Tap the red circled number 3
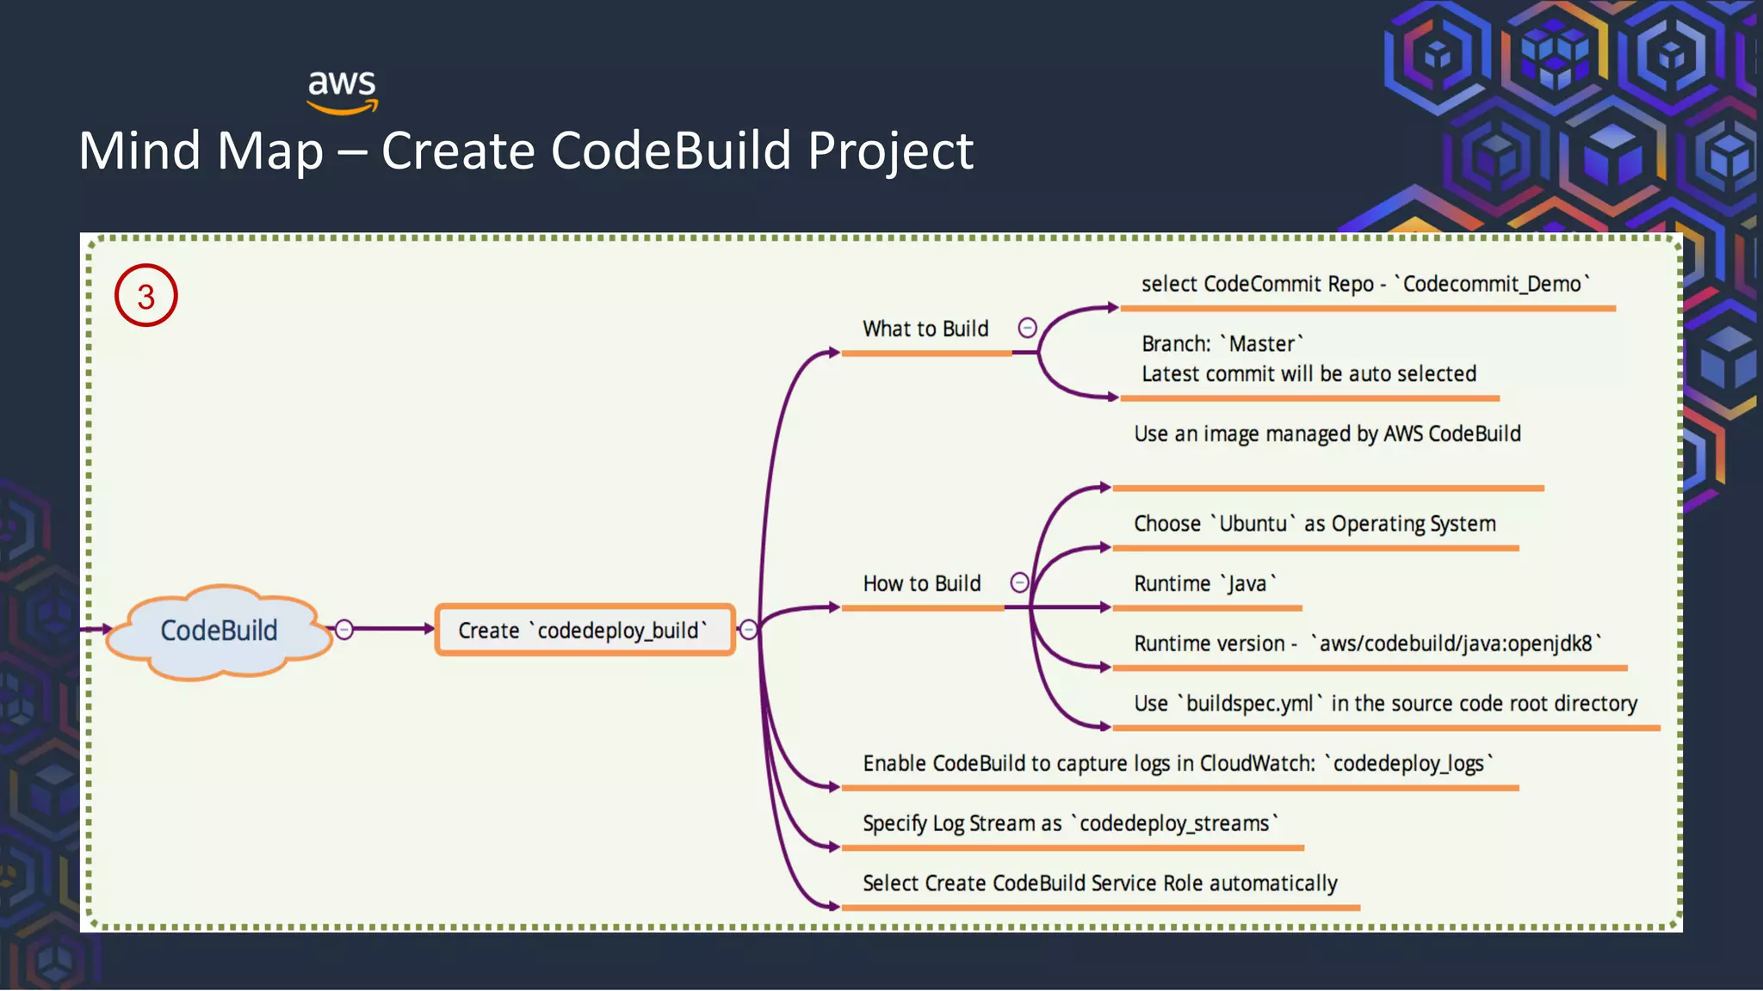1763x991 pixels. [x=146, y=296]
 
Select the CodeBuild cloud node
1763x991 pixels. [x=220, y=631]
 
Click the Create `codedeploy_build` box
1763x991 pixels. [x=585, y=631]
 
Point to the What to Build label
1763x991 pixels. [x=925, y=329]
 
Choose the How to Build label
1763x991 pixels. [x=922, y=583]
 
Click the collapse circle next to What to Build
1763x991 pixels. [x=1027, y=328]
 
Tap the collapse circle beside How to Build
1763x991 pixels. [x=1019, y=582]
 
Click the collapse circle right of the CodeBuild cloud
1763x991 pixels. [x=344, y=630]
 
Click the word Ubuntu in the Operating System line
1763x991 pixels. [x=1253, y=523]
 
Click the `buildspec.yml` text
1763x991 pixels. [x=1249, y=703]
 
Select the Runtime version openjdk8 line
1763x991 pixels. [x=1367, y=643]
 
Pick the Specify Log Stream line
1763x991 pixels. [x=1070, y=823]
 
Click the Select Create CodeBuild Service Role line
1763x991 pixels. [x=1100, y=883]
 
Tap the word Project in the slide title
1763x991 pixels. [x=890, y=151]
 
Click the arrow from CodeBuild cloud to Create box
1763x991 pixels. [x=392, y=629]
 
